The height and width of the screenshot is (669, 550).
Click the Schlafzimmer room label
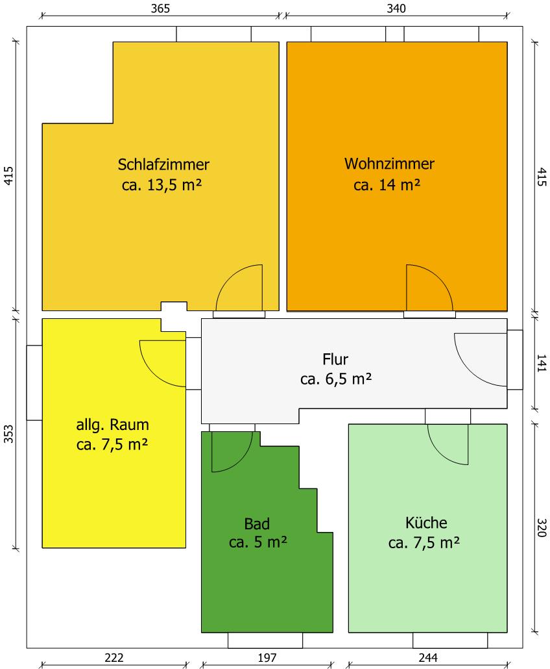(163, 165)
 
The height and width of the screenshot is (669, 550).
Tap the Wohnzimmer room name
(389, 164)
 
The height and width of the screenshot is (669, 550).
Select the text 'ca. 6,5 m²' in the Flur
(336, 379)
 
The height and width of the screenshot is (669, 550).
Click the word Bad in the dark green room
(257, 524)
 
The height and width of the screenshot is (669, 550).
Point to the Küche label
(426, 523)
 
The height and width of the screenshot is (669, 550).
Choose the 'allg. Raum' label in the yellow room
(112, 425)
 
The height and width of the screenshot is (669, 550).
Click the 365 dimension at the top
(160, 8)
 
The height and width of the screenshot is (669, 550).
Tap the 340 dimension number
(396, 8)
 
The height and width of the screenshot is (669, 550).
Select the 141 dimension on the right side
(541, 363)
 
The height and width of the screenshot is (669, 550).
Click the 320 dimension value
(541, 527)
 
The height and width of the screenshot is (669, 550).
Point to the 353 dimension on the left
(8, 434)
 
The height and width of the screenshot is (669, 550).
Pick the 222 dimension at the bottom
(114, 657)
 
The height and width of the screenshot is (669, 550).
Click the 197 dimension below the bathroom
(267, 657)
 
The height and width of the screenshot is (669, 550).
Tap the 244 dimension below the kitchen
(427, 657)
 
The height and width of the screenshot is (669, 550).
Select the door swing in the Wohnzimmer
(440, 278)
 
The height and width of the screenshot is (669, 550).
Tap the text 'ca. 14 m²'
(387, 184)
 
